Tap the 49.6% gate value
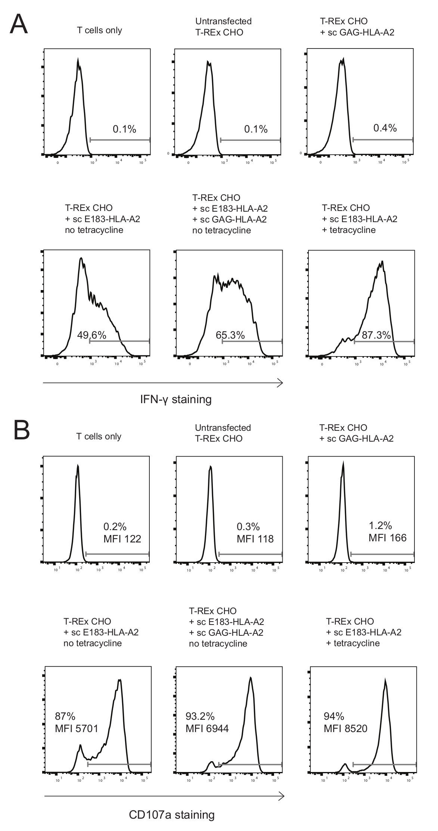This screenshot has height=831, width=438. pos(91,335)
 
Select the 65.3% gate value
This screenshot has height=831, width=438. pos(230,335)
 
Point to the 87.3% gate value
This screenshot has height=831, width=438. pos(376,335)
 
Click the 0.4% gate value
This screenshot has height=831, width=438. pos(385,128)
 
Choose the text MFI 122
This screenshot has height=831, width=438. pos(122,539)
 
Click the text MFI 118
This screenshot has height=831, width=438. pos(255,539)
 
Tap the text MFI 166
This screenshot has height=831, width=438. pos(387,538)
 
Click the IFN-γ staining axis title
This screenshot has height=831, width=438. pos(176,399)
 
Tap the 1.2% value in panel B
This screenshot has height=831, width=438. pos(380,526)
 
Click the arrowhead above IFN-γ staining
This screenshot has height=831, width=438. pos(280,383)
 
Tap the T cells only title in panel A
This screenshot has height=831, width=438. pos(99,30)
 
